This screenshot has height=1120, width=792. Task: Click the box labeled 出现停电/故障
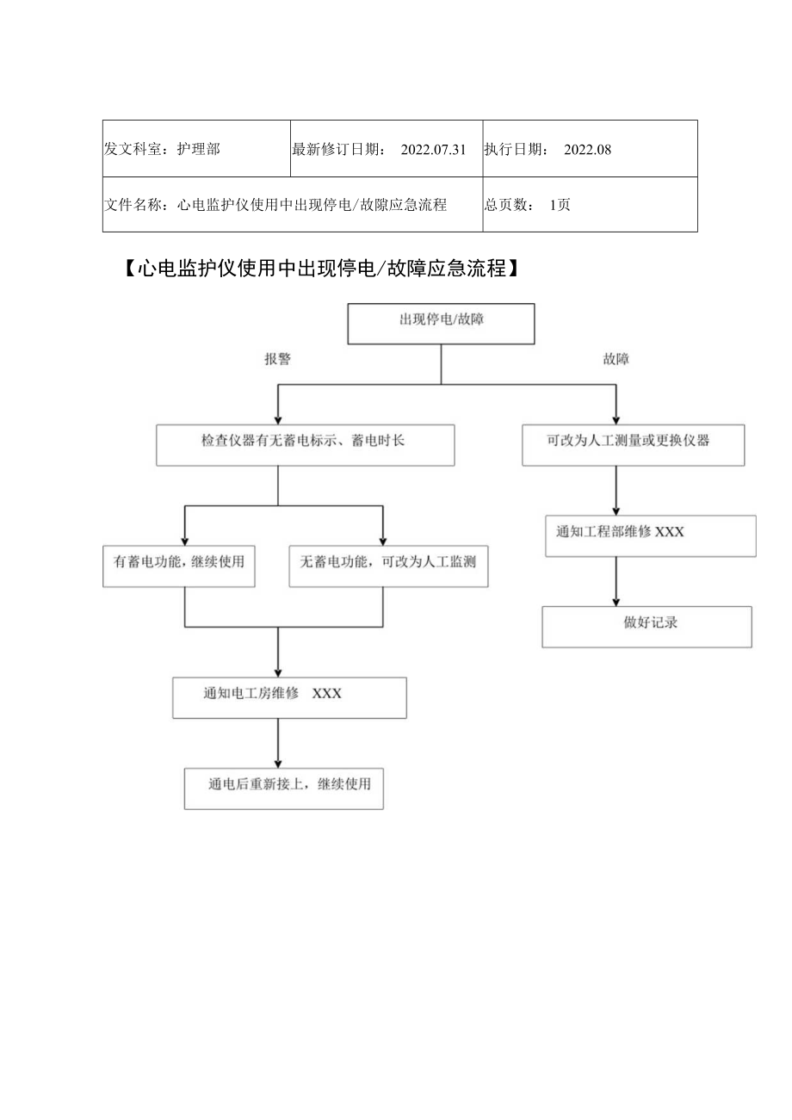(440, 323)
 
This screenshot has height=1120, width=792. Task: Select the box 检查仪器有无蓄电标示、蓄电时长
(305, 445)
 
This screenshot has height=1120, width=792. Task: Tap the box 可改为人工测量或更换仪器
(633, 445)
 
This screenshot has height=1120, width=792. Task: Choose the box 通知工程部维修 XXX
(651, 535)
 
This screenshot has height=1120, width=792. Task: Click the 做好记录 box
(647, 627)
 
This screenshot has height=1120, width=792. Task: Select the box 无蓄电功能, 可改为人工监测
(388, 566)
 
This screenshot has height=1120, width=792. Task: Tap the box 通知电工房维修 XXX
(289, 697)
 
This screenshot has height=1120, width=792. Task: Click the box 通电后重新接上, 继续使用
(283, 788)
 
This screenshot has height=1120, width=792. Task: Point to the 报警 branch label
(277, 360)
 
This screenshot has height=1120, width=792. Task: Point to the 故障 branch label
(616, 360)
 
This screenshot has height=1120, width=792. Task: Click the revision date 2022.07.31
(433, 149)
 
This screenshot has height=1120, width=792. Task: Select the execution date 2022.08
(587, 149)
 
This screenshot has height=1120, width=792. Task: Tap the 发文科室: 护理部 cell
(196, 149)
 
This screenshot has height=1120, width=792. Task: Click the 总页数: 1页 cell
(590, 205)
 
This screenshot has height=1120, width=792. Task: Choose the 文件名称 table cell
(292, 205)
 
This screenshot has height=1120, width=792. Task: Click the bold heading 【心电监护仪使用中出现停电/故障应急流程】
(319, 269)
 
